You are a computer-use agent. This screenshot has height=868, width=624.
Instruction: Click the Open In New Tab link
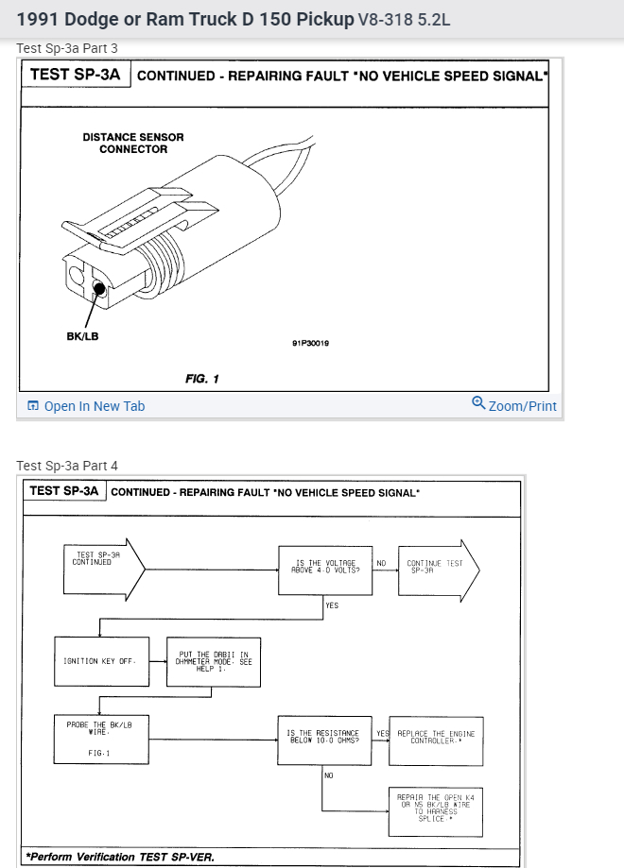86,406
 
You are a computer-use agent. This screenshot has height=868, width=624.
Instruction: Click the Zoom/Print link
514,405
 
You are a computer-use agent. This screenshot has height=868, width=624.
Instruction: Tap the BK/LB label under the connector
82,336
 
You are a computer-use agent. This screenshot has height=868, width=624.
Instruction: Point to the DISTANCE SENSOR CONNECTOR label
133,143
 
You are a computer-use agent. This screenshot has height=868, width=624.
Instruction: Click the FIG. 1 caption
202,379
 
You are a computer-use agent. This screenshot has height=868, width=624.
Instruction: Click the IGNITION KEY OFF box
100,661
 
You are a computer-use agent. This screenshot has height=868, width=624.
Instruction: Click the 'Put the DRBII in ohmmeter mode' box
214,661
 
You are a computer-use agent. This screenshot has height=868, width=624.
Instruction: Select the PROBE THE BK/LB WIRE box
100,740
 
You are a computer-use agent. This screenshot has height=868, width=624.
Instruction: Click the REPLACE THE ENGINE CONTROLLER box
435,737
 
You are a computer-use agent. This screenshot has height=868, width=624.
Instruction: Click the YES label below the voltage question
332,605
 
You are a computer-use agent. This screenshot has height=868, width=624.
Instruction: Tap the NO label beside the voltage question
382,563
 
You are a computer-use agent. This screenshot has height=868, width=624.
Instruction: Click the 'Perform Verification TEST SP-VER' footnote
120,858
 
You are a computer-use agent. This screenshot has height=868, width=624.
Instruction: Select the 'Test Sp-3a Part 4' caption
67,466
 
